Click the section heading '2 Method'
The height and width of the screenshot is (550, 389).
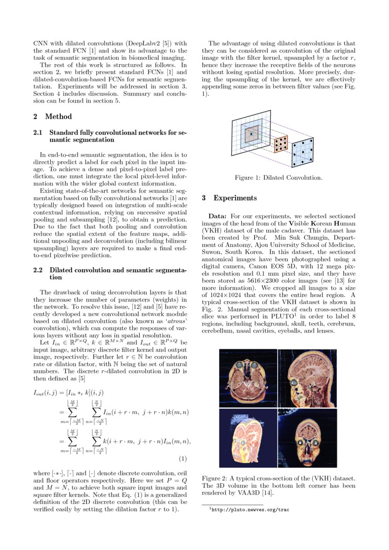pos(53,117)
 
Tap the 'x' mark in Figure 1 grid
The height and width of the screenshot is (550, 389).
pos(252,134)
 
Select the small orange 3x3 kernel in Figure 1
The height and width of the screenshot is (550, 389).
pos(280,143)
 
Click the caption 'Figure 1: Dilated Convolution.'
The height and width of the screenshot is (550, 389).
pos(278,178)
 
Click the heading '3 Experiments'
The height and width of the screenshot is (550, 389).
pos(230,198)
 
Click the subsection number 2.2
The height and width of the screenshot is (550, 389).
pos(38,270)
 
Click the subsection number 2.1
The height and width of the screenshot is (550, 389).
pos(38,133)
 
